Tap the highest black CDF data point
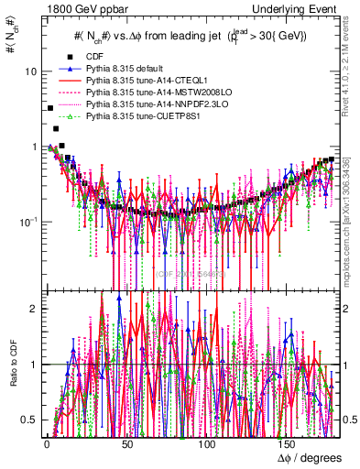pos(49,108)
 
